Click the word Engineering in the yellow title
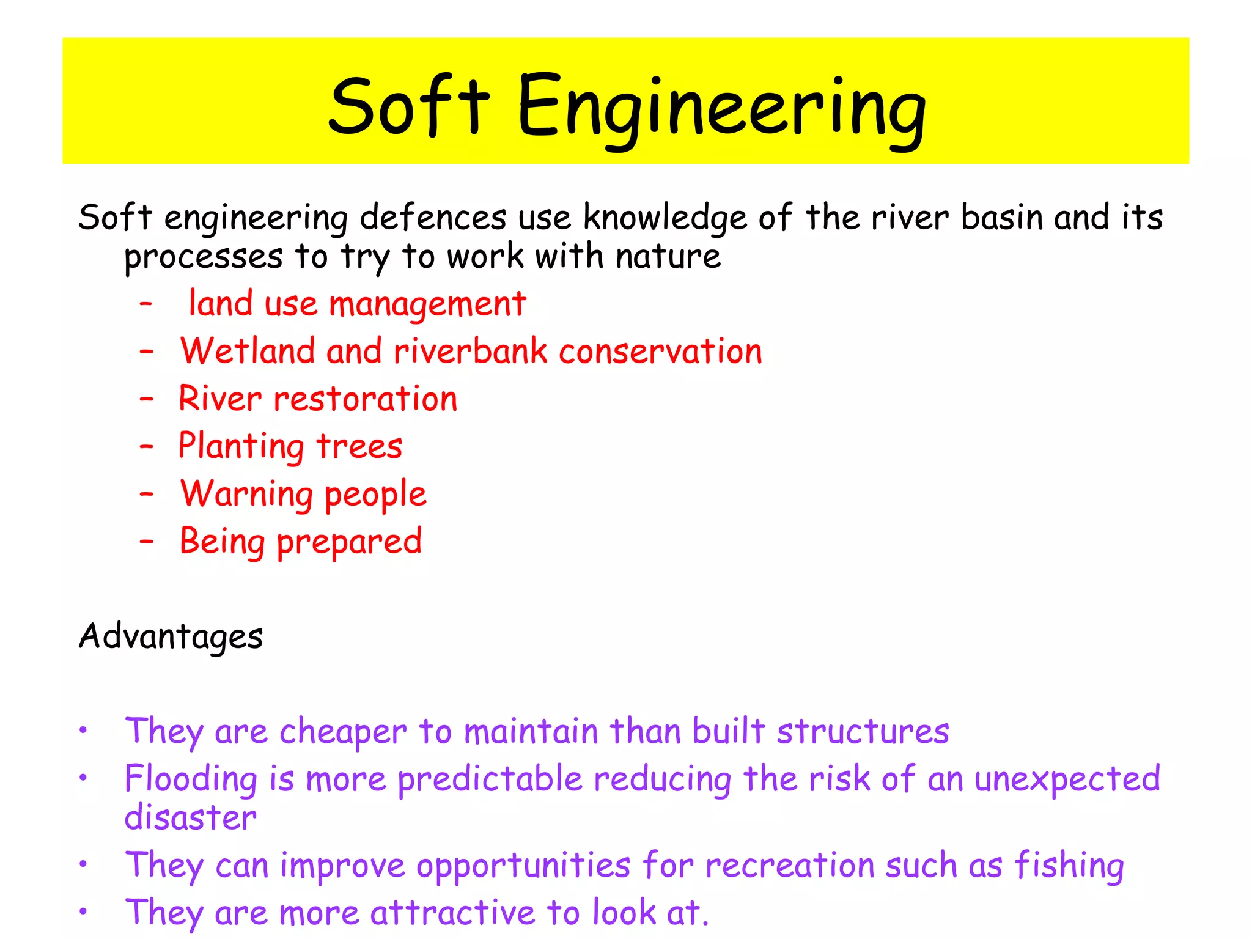click(721, 107)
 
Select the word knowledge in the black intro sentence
click(665, 218)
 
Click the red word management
click(427, 304)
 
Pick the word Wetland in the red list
click(247, 352)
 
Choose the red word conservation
click(660, 352)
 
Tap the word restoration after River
click(365, 399)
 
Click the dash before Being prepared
click(146, 541)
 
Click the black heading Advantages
click(171, 636)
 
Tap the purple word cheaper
click(343, 732)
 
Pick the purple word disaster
click(190, 818)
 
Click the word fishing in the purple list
click(1069, 866)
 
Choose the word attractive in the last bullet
click(452, 913)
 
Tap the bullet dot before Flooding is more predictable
click(83, 778)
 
